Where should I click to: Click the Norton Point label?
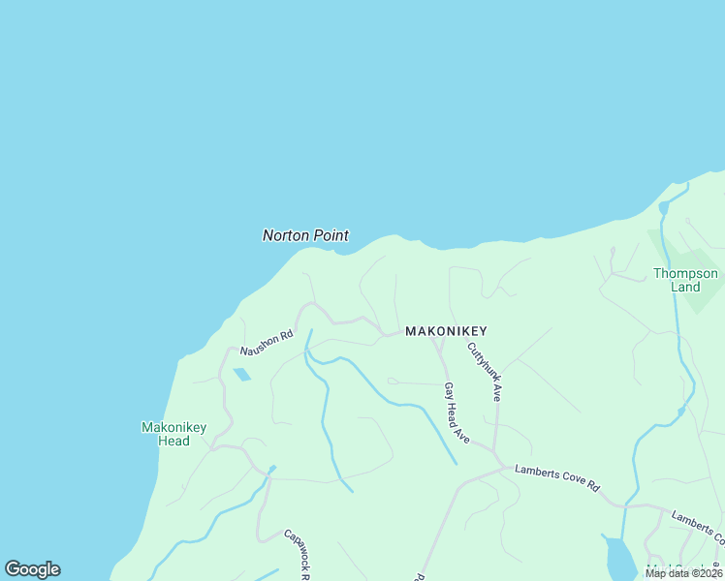click(x=305, y=235)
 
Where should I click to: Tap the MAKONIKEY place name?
click(x=446, y=331)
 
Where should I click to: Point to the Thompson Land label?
click(x=685, y=280)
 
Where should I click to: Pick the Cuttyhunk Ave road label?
click(x=485, y=372)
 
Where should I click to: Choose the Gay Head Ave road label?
click(x=457, y=413)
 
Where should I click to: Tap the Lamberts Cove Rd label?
click(x=557, y=478)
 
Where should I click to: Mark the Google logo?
click(x=32, y=569)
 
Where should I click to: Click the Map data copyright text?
click(x=682, y=573)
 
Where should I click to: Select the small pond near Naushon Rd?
click(x=240, y=374)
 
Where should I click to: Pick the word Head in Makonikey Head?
click(x=173, y=442)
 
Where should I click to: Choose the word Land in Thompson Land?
click(x=685, y=288)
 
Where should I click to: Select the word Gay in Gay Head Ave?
click(x=449, y=391)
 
